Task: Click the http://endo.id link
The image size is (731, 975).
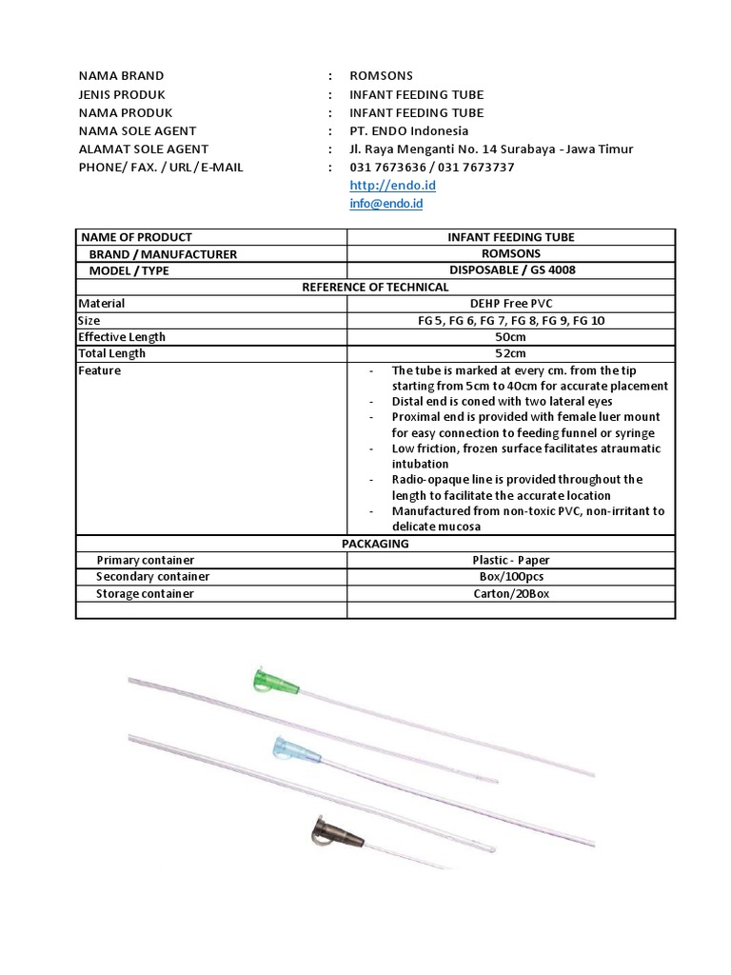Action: pos(379,186)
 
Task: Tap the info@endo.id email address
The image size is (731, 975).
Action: pos(386,204)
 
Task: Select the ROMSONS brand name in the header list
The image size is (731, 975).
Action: pos(382,75)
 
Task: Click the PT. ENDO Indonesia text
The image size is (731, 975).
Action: pos(409,130)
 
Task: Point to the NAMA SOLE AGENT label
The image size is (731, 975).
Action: pos(137,130)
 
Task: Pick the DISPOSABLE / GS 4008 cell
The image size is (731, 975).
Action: pos(511,270)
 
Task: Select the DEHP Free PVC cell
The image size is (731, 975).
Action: pos(511,304)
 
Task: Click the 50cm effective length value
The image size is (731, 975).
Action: pos(511,337)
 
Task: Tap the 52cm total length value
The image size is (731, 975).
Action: pos(511,353)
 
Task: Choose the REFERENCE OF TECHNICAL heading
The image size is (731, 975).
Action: pos(375,287)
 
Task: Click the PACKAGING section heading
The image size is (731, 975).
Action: pos(375,544)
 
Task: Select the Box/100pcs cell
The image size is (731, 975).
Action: pos(511,577)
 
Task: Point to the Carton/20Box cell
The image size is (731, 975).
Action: pos(511,593)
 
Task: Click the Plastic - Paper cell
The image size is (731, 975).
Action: pos(511,560)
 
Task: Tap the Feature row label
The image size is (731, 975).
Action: pos(99,370)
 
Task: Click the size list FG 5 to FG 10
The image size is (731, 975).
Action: pos(511,321)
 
